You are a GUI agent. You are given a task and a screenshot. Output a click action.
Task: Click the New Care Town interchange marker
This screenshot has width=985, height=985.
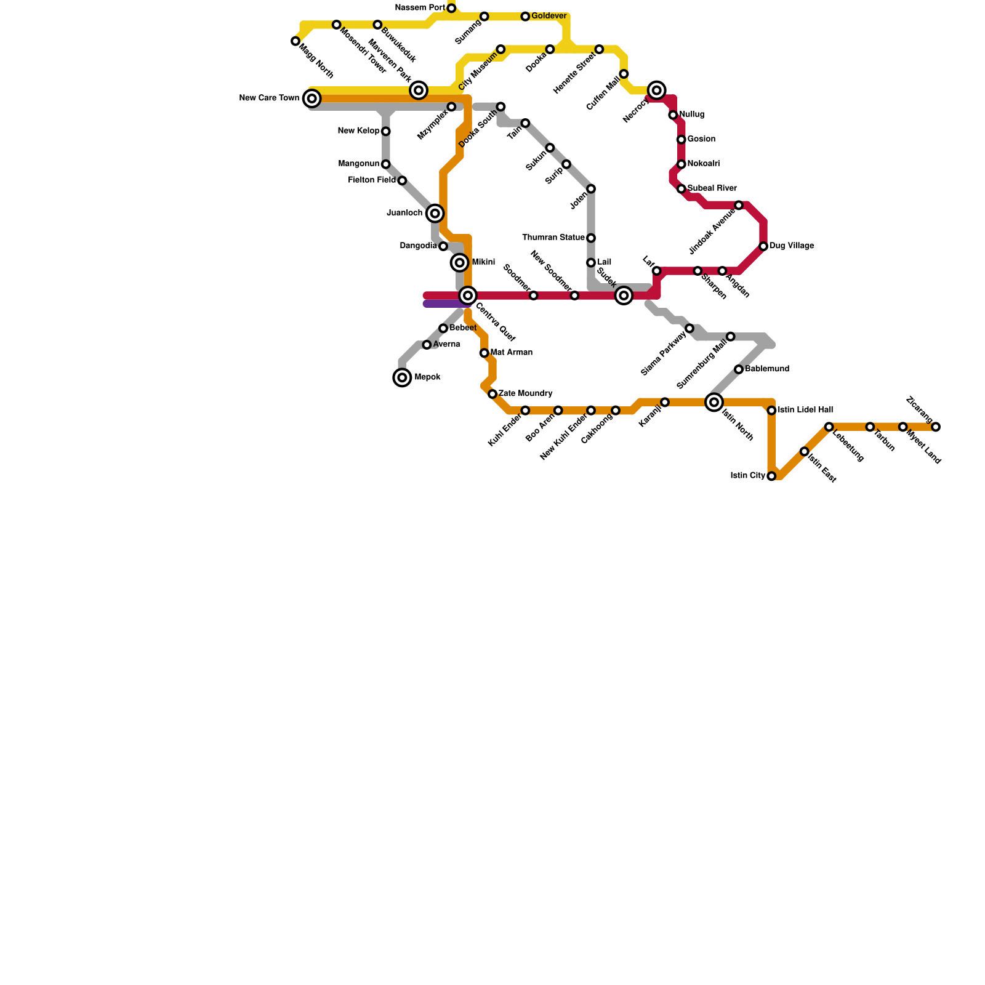point(312,98)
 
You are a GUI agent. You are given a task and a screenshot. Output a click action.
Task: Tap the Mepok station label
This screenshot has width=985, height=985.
point(427,377)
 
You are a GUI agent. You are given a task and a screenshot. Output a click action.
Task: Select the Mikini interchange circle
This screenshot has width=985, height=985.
point(460,263)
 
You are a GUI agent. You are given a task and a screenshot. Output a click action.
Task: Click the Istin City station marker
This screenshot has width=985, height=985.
point(771,476)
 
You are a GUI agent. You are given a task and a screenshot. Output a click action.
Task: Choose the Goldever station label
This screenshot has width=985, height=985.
point(549,16)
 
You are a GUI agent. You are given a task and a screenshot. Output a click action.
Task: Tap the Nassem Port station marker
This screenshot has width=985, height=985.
point(451,8)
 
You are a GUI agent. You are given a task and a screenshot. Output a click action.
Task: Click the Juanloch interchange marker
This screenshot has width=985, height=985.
point(435,214)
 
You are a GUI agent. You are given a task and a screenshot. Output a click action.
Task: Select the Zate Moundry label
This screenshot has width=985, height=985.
point(525,393)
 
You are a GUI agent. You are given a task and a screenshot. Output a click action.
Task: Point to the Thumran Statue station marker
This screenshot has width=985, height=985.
point(591,238)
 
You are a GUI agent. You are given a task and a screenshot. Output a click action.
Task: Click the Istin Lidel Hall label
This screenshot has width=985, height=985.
point(805,410)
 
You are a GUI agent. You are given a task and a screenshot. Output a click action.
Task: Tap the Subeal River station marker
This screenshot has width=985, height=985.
point(681,189)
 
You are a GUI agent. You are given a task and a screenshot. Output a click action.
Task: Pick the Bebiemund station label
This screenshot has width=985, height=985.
point(767,369)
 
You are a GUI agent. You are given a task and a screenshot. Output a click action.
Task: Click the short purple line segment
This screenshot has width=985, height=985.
point(444,304)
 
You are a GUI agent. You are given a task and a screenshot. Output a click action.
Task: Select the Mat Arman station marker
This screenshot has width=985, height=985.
point(484,353)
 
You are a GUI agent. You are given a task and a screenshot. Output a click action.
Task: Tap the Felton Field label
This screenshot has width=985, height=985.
point(372,180)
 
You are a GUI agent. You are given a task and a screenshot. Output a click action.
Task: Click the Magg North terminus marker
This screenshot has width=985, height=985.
point(295,41)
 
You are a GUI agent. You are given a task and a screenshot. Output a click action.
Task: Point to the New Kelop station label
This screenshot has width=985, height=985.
point(359,131)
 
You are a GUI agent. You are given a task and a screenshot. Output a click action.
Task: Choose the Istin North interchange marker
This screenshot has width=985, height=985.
point(714,403)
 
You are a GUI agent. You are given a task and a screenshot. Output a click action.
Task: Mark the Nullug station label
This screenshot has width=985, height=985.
point(692,115)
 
